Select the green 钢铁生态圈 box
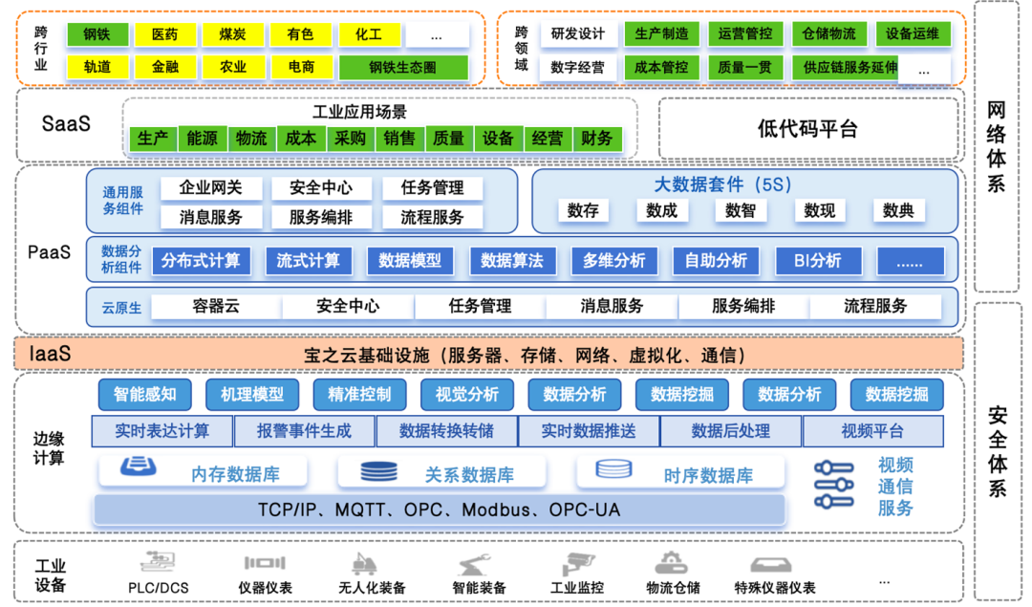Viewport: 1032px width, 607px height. pyautogui.click(x=404, y=68)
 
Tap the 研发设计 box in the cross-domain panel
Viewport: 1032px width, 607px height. pyautogui.click(x=577, y=34)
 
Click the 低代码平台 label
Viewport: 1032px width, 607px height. pyautogui.click(x=807, y=129)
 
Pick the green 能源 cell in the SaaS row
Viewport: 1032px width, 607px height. pyautogui.click(x=202, y=139)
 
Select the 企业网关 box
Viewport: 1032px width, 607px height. pyautogui.click(x=210, y=188)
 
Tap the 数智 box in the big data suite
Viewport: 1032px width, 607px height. pyautogui.click(x=740, y=210)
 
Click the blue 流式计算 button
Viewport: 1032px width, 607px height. pyautogui.click(x=308, y=260)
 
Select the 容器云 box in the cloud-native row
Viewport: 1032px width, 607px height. pyautogui.click(x=215, y=307)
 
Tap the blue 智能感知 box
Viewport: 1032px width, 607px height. pyautogui.click(x=145, y=394)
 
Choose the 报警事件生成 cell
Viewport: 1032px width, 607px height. pyautogui.click(x=304, y=431)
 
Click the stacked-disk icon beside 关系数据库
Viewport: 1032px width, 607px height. pyautogui.click(x=379, y=472)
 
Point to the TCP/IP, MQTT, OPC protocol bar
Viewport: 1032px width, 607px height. pyautogui.click(x=439, y=509)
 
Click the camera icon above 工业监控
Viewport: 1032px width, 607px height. pyautogui.click(x=578, y=563)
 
